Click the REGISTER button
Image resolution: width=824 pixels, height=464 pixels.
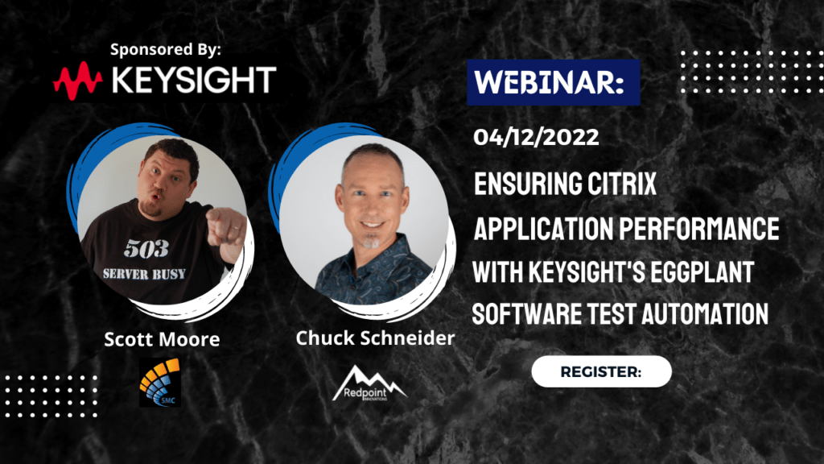(601, 372)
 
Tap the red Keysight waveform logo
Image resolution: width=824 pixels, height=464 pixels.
(78, 81)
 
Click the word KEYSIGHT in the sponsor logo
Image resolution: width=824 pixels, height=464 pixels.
(194, 80)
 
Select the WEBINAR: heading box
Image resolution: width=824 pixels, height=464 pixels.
(554, 83)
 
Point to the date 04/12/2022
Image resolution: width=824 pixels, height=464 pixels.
(536, 137)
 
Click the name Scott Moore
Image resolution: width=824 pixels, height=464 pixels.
(162, 339)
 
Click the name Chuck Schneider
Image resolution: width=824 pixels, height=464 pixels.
(375, 338)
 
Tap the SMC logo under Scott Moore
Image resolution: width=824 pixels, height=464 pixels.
(160, 383)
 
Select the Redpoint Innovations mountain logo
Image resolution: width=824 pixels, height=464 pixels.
(369, 383)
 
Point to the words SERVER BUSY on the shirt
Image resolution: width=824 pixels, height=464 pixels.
(144, 274)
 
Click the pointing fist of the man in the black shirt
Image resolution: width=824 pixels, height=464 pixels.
(225, 231)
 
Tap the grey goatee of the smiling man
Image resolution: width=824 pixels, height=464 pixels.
(372, 242)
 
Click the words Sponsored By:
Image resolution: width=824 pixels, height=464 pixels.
(166, 49)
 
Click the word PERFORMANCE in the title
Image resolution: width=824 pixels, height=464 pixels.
(699, 228)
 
